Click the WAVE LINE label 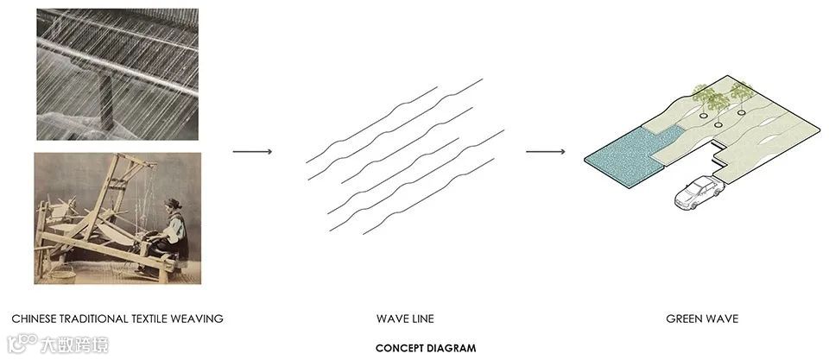pos(405,319)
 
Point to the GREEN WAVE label pos(702,319)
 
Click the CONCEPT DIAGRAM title pos(426,348)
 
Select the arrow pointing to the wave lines pos(252,152)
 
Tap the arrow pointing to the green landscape pos(546,152)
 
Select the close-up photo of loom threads pos(117,74)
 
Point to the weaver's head pos(172,206)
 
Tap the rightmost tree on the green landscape pos(741,91)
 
